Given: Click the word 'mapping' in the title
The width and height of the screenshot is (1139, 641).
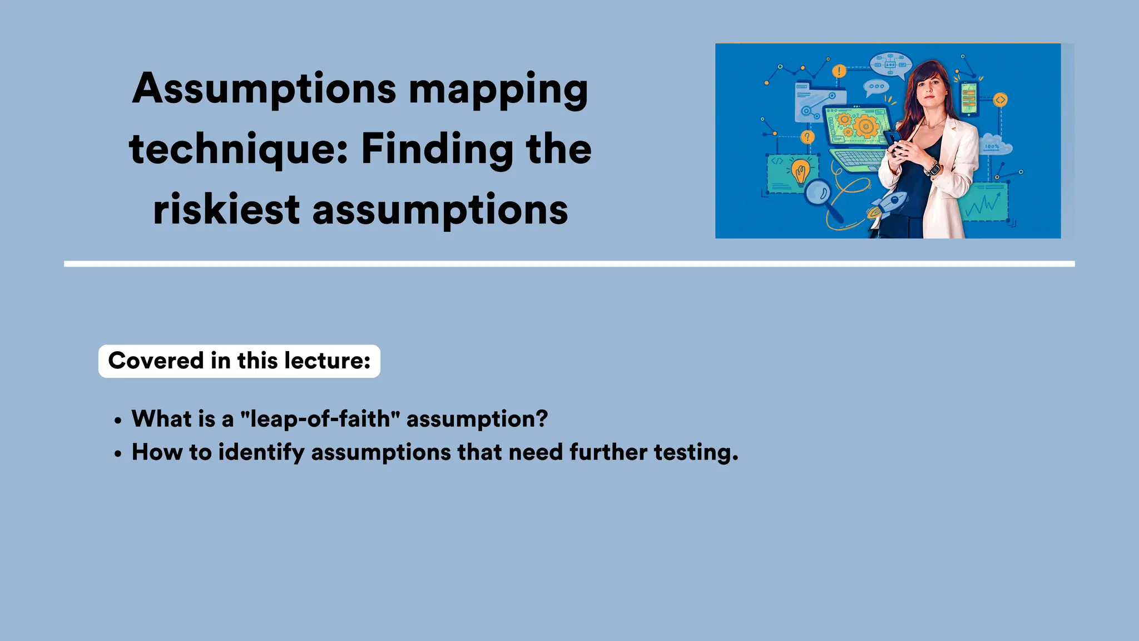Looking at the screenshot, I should (498, 90).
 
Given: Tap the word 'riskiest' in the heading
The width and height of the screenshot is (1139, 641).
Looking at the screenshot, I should (226, 210).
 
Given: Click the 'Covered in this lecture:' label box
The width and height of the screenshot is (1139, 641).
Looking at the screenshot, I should (239, 361).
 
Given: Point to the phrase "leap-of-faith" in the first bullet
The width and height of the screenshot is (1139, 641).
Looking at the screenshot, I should (320, 419).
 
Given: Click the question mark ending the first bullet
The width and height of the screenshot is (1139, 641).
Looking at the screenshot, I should (542, 419).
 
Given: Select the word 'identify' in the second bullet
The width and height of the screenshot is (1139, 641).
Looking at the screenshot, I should (261, 452).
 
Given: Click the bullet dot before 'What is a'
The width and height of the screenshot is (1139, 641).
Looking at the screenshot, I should (117, 421).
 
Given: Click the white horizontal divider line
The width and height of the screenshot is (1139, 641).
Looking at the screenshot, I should (569, 264).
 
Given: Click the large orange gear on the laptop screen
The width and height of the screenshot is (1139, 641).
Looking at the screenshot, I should (865, 126).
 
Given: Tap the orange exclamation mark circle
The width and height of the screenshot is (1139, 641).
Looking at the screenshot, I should (839, 71).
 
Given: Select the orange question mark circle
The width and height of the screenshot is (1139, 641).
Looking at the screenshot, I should (807, 137).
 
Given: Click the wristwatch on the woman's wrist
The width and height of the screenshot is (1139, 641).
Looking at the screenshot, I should (933, 167).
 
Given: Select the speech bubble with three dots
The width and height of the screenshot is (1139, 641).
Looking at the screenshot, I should (876, 87).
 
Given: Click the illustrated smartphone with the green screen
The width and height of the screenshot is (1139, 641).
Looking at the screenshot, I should (968, 99).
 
